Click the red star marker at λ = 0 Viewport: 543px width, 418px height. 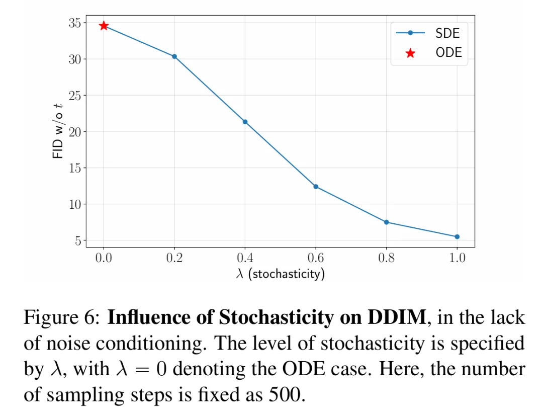104,26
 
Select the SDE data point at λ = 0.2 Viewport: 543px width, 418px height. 174,56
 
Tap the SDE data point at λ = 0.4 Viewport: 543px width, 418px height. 245,122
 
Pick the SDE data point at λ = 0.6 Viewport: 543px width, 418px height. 316,187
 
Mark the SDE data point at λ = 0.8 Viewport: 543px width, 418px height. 386,222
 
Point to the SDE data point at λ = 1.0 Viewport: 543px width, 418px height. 457,236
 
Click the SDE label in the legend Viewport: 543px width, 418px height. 447,33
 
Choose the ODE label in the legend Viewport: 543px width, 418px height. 448,52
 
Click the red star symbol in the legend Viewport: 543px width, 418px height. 410,53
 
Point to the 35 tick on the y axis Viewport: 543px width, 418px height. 74,23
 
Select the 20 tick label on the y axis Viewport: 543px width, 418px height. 74,132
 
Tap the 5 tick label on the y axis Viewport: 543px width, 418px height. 77,240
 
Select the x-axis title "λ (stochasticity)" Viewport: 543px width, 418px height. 280,274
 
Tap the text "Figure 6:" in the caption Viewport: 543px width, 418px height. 62,318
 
